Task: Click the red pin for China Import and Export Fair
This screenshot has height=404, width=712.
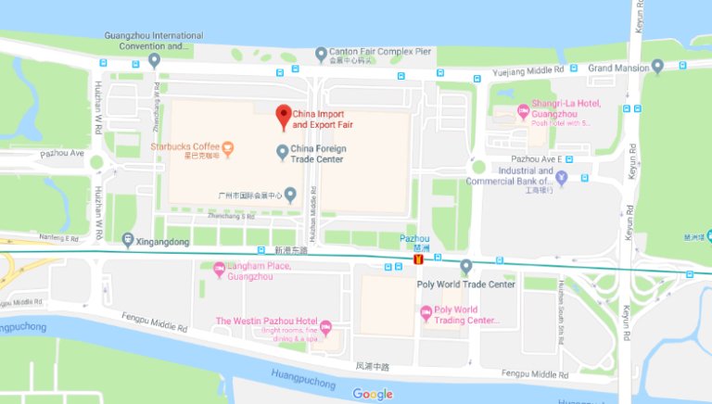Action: point(284,115)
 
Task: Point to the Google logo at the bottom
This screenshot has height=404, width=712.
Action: point(373,394)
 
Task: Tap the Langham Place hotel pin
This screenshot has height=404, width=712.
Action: point(219,271)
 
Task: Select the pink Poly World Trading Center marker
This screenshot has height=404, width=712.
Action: point(426,314)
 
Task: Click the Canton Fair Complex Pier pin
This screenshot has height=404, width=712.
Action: point(321,53)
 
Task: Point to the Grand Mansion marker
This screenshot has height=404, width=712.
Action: point(657,67)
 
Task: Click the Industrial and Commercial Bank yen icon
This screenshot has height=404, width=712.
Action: point(584,178)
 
